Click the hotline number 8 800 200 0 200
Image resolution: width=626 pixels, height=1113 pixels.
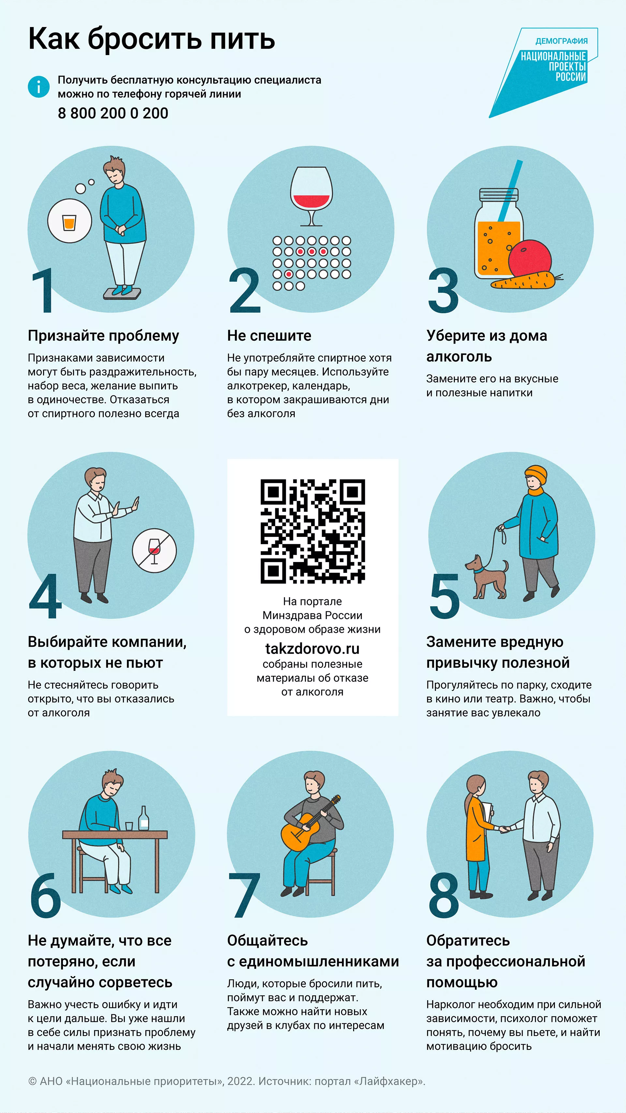pyautogui.click(x=113, y=113)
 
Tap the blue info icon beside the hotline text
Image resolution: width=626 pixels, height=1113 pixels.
pyautogui.click(x=39, y=86)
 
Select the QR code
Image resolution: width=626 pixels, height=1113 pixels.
pyautogui.click(x=313, y=531)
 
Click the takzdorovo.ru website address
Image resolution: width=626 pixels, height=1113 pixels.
pyautogui.click(x=312, y=648)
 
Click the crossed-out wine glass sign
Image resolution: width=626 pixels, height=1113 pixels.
pyautogui.click(x=154, y=551)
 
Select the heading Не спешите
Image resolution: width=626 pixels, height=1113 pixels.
pyautogui.click(x=269, y=336)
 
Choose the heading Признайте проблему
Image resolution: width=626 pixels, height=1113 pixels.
pyautogui.click(x=103, y=336)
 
